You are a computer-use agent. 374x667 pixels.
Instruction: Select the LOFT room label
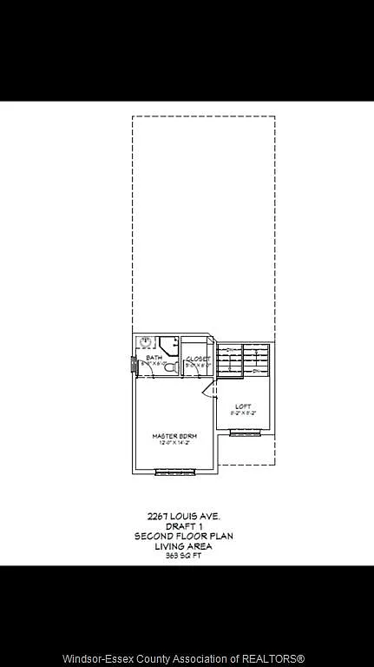[x=243, y=406]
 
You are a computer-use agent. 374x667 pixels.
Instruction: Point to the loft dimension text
[x=243, y=413]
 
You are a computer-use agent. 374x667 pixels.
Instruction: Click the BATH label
[x=154, y=358]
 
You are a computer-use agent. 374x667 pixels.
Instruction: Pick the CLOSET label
[x=198, y=358]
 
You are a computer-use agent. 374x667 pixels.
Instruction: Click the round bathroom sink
[x=146, y=342]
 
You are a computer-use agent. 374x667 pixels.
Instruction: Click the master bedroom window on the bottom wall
[x=176, y=472]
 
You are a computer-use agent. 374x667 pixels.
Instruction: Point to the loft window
[x=246, y=437]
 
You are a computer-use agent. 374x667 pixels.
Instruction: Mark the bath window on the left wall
[x=134, y=365]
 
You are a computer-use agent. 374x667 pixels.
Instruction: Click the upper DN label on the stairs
[x=230, y=349]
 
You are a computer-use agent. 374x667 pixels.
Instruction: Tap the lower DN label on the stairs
[x=258, y=371]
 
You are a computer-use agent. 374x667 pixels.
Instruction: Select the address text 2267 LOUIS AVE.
[x=183, y=516]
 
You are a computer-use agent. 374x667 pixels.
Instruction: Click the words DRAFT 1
[x=183, y=526]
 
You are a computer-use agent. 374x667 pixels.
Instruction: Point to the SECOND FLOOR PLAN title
[x=183, y=537]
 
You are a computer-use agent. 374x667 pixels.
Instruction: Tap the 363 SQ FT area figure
[x=183, y=556]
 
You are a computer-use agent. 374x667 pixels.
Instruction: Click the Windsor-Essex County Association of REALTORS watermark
[x=187, y=657]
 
